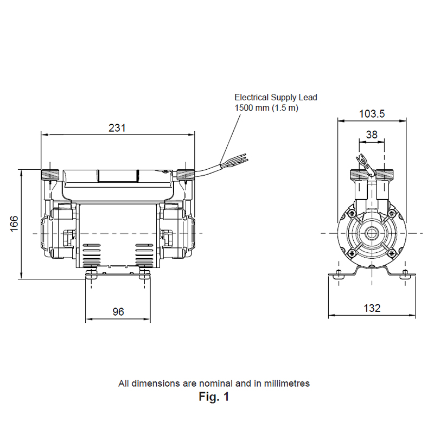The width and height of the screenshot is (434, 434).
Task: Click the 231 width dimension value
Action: click(x=117, y=128)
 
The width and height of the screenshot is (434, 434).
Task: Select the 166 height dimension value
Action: click(x=14, y=224)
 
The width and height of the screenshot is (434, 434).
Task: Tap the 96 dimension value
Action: click(x=118, y=312)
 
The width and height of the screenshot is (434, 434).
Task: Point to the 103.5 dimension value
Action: click(x=372, y=114)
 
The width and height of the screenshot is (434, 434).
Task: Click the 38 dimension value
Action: click(x=372, y=134)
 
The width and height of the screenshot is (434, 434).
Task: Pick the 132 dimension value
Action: click(x=372, y=308)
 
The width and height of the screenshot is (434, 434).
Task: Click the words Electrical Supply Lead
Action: click(x=276, y=98)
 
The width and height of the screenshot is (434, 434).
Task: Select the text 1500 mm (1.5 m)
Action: click(x=266, y=107)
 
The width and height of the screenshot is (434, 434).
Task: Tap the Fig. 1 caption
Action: click(x=214, y=397)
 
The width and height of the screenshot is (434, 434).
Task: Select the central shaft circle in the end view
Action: click(x=372, y=233)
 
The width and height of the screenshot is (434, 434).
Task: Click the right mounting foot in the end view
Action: click(x=404, y=275)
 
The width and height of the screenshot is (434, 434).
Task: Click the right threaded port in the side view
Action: click(x=186, y=175)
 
